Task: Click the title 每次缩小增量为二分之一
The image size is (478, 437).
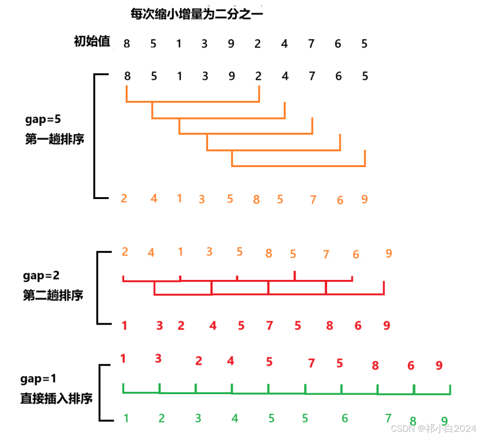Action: tap(197, 14)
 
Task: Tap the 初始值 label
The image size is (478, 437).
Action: tap(92, 42)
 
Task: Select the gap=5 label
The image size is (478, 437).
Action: tap(43, 118)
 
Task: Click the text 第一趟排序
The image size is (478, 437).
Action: tap(54, 139)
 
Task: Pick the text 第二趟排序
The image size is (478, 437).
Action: tap(53, 296)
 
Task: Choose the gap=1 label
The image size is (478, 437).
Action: tap(39, 379)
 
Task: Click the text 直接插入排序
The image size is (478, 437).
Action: tap(56, 398)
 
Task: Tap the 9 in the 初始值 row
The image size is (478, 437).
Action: tap(231, 44)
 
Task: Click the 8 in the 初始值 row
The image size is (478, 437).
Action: tap(127, 44)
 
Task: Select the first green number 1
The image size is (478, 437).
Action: tap(126, 418)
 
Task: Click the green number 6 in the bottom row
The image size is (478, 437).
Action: tap(345, 418)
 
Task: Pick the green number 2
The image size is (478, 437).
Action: tap(161, 418)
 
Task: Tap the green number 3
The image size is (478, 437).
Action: tap(198, 418)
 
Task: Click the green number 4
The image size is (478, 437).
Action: tap(235, 418)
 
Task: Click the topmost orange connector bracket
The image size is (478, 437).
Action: tap(193, 101)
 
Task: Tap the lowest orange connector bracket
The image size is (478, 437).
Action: tap(298, 166)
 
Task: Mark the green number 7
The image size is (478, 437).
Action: tap(388, 418)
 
